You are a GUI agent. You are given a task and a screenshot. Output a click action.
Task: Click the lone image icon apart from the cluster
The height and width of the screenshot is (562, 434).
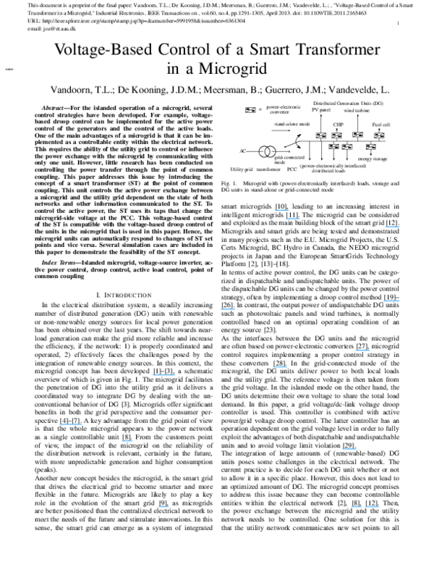(251, 109)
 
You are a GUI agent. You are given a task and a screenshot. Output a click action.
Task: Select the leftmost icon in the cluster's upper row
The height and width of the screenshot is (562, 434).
(321, 135)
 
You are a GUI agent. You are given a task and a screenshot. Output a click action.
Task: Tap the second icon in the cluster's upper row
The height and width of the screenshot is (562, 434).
(336, 135)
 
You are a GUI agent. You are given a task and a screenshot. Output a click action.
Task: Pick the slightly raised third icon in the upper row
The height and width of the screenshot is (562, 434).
(357, 134)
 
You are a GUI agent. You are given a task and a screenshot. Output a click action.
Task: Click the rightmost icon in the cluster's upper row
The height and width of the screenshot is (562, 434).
(379, 135)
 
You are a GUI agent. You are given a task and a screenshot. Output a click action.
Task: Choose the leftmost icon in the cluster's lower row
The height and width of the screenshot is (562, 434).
(333, 146)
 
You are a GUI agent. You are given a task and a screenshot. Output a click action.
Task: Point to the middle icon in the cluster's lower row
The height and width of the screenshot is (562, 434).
(347, 146)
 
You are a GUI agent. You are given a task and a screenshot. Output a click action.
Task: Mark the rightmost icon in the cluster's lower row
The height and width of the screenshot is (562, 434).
(370, 146)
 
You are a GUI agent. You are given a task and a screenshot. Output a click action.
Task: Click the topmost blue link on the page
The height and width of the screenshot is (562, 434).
(281, 210)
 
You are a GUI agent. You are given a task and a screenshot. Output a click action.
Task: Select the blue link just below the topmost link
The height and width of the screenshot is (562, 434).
(292, 218)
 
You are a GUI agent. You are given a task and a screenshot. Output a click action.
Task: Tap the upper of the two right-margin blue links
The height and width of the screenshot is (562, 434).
(393, 227)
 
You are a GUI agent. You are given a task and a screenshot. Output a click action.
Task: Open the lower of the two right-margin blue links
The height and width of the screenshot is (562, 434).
(392, 301)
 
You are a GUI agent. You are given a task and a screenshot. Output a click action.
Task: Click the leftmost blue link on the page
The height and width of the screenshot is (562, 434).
(70, 424)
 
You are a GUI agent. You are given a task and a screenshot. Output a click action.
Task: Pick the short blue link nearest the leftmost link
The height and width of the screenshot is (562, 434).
(127, 440)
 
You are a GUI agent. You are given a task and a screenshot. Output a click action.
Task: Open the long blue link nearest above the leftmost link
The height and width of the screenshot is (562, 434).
(163, 374)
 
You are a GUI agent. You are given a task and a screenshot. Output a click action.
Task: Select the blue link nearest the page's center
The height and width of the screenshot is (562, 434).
(228, 309)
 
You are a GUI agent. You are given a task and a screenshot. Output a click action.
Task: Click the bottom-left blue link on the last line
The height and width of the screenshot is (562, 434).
(163, 506)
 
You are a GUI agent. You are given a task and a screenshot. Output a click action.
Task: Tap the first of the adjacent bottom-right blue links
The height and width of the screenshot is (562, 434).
(357, 506)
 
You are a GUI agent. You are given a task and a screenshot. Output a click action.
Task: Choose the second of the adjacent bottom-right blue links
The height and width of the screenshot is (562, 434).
(373, 506)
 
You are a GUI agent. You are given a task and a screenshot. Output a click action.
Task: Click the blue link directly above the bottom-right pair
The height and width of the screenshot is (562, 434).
(349, 449)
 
